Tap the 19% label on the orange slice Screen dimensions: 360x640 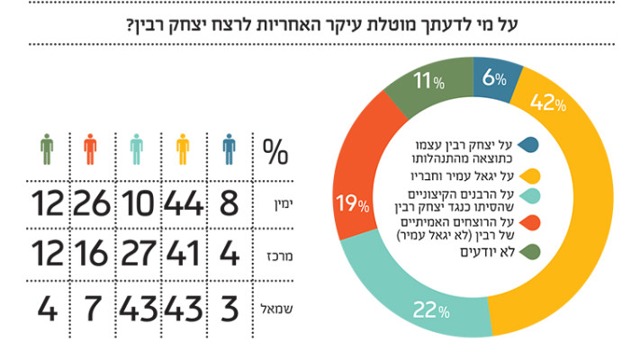pyautogui.click(x=352, y=202)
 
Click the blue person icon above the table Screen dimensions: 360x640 pyautogui.click(x=230, y=148)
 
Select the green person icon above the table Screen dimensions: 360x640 pyautogui.click(x=46, y=148)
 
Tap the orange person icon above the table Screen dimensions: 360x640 pyautogui.click(x=89, y=148)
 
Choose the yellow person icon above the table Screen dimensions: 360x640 pyautogui.click(x=183, y=148)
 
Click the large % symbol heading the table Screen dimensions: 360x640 pyautogui.click(x=275, y=150)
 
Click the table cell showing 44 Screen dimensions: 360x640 pyautogui.click(x=184, y=204)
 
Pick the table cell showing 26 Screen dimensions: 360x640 pyautogui.click(x=90, y=204)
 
